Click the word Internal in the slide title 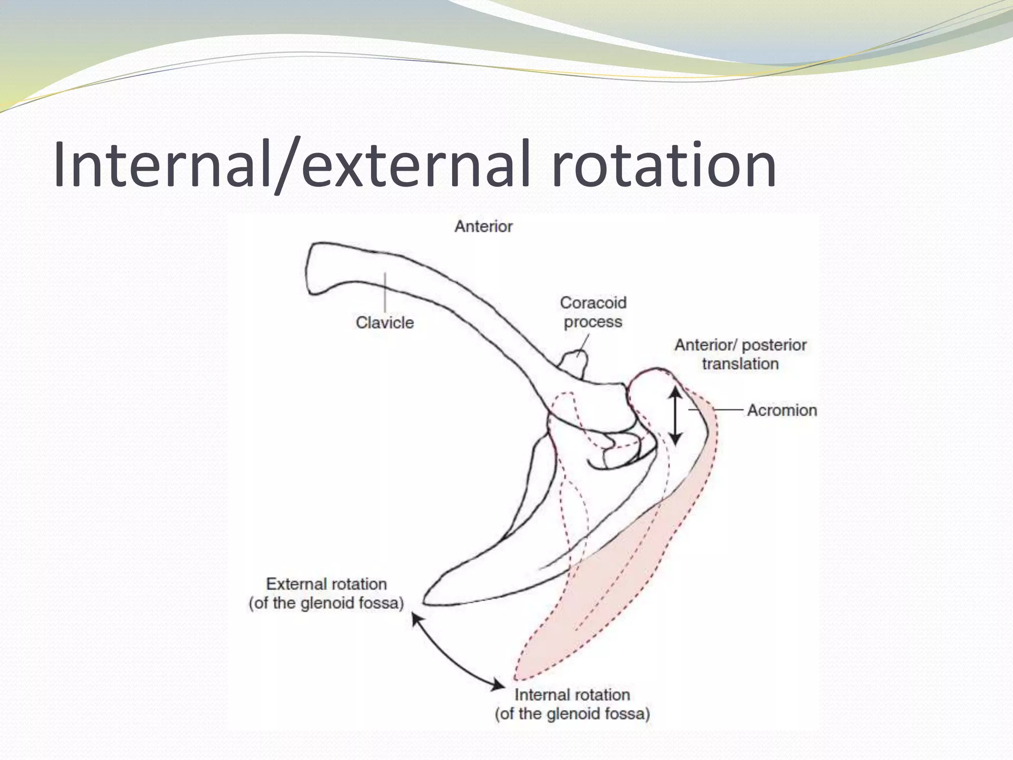point(163,164)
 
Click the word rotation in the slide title point(663,164)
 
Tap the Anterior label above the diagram point(483,227)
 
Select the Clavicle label point(384,323)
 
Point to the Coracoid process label point(593,312)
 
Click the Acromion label point(782,410)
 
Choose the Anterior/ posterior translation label point(740,354)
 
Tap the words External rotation point(326,584)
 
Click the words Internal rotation point(572,695)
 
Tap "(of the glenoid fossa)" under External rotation point(326,603)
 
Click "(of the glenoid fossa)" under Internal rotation point(572,714)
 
